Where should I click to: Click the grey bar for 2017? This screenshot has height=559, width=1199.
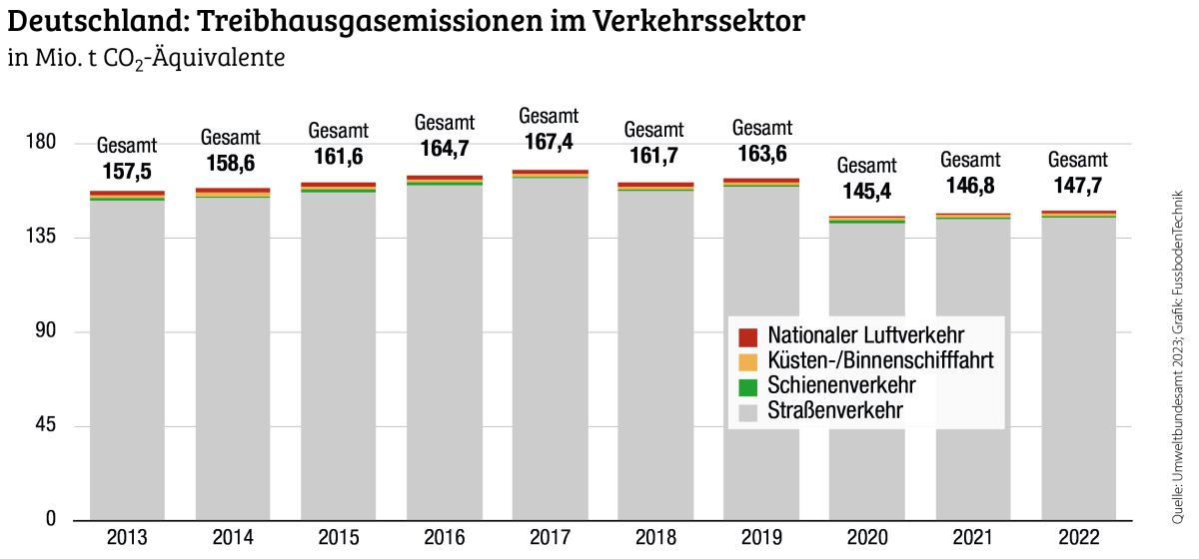[x=551, y=349]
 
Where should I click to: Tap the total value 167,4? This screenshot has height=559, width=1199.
[x=549, y=143]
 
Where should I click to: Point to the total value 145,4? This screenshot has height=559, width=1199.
[x=866, y=192]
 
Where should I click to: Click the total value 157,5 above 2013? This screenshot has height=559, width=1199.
[x=127, y=171]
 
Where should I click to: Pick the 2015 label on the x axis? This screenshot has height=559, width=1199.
[x=339, y=539]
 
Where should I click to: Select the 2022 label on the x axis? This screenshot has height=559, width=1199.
[x=1078, y=539]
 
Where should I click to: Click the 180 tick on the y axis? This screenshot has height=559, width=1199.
[x=41, y=143]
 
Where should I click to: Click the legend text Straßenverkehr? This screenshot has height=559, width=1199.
[x=836, y=411]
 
